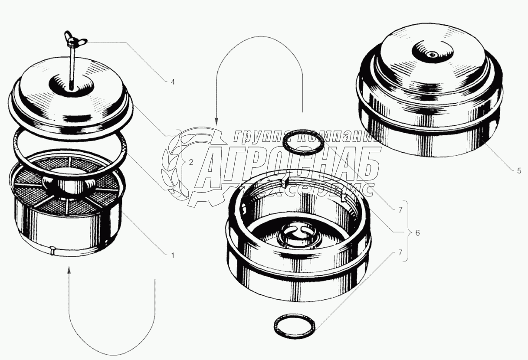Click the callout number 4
tap(173, 82)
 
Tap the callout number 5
tap(519, 171)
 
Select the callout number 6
tap(417, 233)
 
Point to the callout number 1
tap(173, 255)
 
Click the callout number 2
tap(191, 162)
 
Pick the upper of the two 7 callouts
tap(400, 210)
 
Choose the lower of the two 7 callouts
tap(400, 252)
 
